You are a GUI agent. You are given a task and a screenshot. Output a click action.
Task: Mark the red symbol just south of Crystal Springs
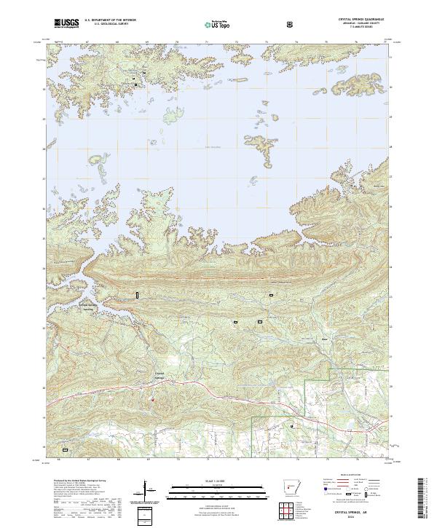(153, 398)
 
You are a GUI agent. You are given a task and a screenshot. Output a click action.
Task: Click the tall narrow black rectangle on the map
(135, 294)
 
